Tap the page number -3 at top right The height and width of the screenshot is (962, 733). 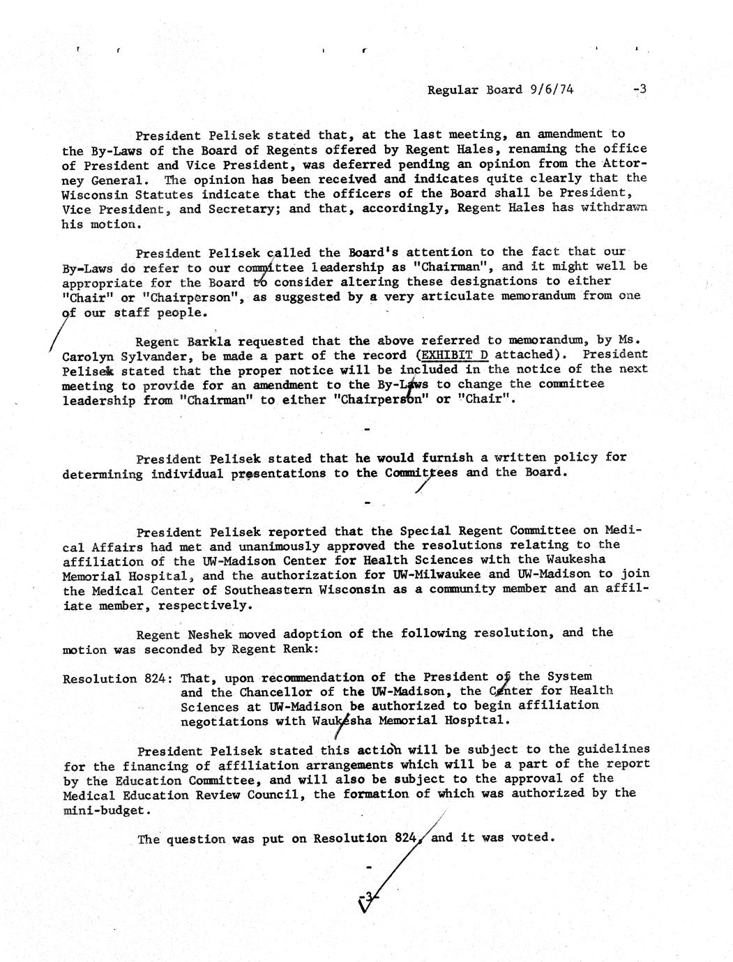[x=640, y=89]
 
